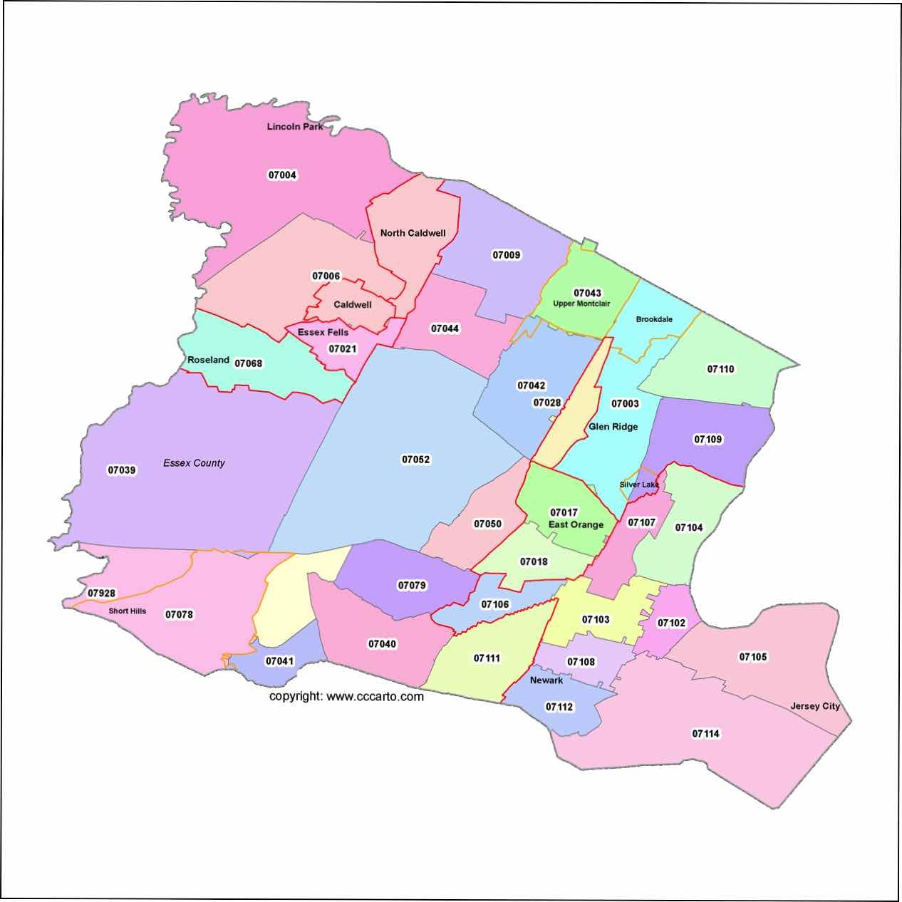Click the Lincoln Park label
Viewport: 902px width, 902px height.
pyautogui.click(x=295, y=127)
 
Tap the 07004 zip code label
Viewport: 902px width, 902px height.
pyautogui.click(x=282, y=175)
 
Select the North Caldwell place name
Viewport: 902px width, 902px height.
pyautogui.click(x=413, y=233)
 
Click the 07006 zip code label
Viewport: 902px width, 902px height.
pyautogui.click(x=326, y=276)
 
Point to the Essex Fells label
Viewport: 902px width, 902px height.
pyautogui.click(x=323, y=332)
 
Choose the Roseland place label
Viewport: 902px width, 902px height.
pyautogui.click(x=208, y=360)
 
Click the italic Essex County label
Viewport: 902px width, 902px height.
pyautogui.click(x=194, y=463)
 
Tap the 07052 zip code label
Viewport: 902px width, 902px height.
pyautogui.click(x=416, y=460)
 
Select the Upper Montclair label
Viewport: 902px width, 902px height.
pyautogui.click(x=581, y=304)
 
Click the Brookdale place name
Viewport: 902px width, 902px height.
pyautogui.click(x=654, y=319)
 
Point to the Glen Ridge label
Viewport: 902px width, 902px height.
pyautogui.click(x=613, y=427)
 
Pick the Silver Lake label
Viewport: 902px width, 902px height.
pyautogui.click(x=639, y=484)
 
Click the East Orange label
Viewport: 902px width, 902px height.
pyautogui.click(x=576, y=525)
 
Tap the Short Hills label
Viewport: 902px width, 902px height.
pyautogui.click(x=128, y=611)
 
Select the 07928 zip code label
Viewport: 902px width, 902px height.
pyautogui.click(x=102, y=593)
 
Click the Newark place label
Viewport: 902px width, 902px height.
pyautogui.click(x=546, y=680)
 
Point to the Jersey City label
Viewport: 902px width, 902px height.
pyautogui.click(x=815, y=707)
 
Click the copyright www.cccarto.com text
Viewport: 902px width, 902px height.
pyautogui.click(x=346, y=696)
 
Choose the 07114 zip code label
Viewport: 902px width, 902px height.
pyautogui.click(x=706, y=734)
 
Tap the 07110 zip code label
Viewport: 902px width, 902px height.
pyautogui.click(x=720, y=369)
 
